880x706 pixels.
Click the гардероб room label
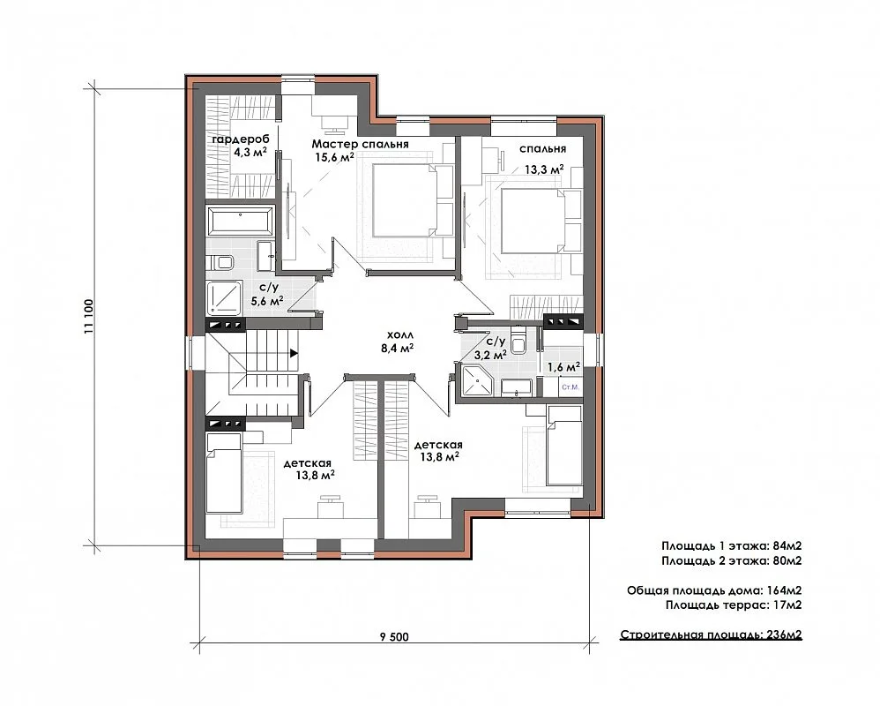click(x=240, y=139)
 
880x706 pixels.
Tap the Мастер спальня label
click(x=361, y=144)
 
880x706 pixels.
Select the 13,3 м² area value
click(x=544, y=169)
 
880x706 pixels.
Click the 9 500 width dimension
click(x=394, y=637)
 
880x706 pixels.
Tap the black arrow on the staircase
click(x=294, y=354)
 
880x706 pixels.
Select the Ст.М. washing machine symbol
click(x=571, y=387)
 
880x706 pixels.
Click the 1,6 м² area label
click(x=563, y=367)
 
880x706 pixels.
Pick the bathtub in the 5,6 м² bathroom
click(x=240, y=220)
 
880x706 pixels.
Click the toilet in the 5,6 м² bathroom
click(x=221, y=262)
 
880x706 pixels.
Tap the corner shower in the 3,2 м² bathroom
click(x=475, y=381)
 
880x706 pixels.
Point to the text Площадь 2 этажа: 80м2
click(x=731, y=560)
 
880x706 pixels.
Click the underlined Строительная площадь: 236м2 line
click(x=711, y=635)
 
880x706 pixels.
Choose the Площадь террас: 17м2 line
click(x=734, y=605)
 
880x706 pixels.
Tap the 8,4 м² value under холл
click(x=398, y=349)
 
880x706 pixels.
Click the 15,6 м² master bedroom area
click(x=334, y=157)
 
